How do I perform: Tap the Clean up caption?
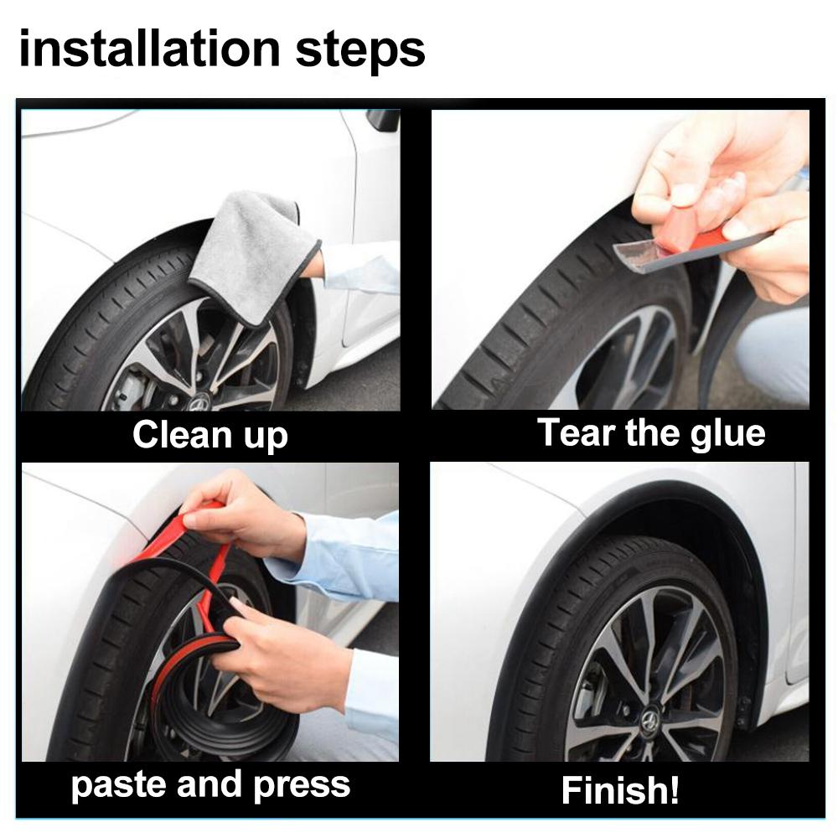209,436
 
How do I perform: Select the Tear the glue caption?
651,433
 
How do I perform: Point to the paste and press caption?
209,785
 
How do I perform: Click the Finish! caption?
620,789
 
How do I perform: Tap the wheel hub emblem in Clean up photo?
199,403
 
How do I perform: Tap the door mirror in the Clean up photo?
384,120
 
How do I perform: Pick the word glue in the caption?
727,433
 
